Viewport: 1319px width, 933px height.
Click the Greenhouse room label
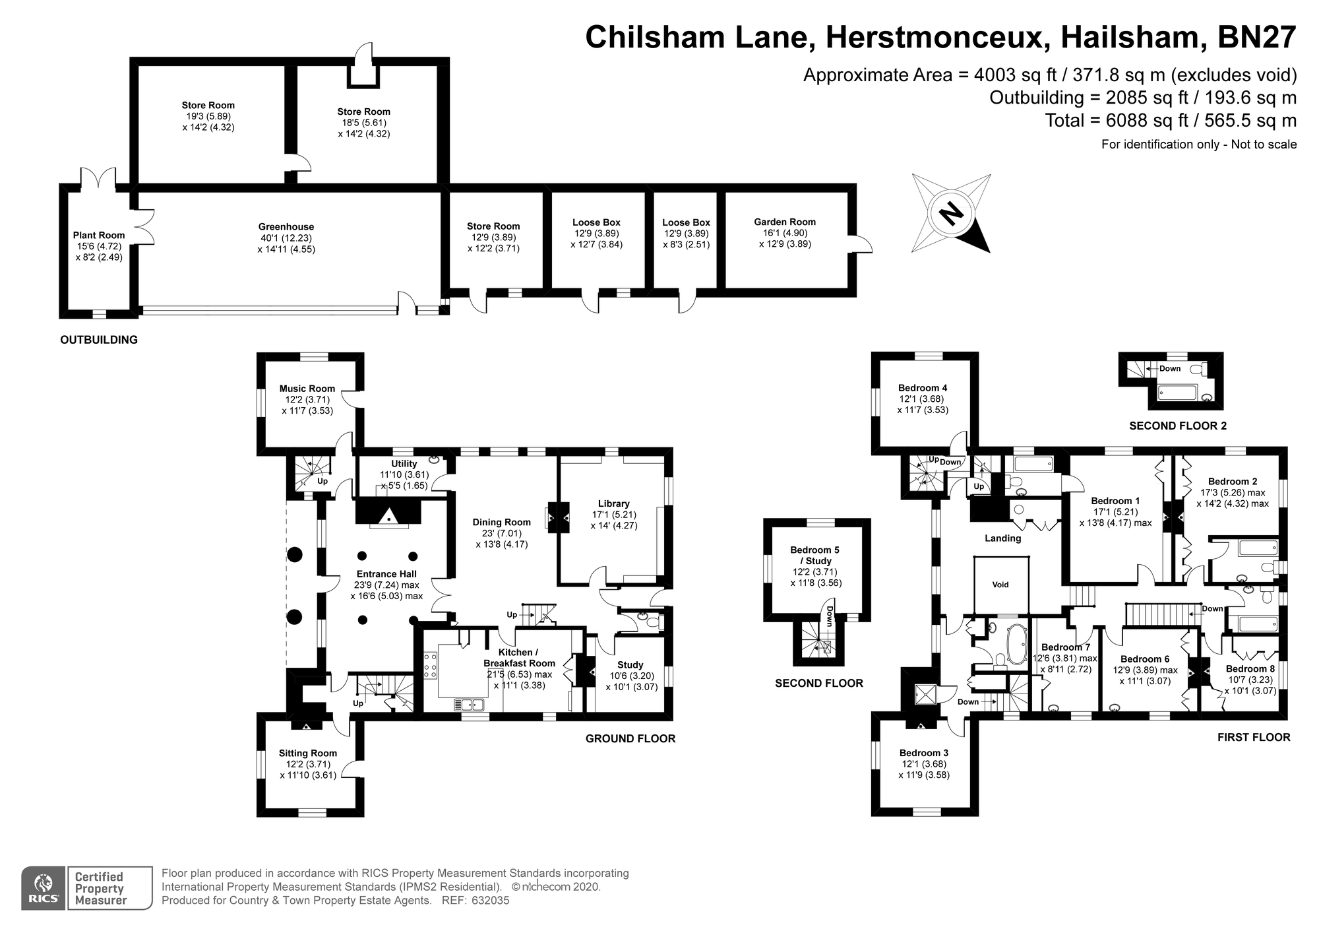pyautogui.click(x=286, y=227)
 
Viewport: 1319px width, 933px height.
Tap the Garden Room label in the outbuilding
pyautogui.click(x=785, y=222)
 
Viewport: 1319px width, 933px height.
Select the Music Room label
pyautogui.click(x=307, y=389)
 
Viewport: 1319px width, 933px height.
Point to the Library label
pyautogui.click(x=614, y=503)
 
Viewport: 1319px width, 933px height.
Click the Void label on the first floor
pyautogui.click(x=1000, y=585)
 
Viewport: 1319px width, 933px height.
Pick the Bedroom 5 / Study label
pyautogui.click(x=815, y=555)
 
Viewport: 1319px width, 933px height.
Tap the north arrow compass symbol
pyautogui.click(x=952, y=213)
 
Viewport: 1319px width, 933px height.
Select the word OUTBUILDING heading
pyautogui.click(x=99, y=340)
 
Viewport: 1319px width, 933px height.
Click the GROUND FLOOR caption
pyautogui.click(x=630, y=738)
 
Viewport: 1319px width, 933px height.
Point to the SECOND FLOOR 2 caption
pyautogui.click(x=1178, y=426)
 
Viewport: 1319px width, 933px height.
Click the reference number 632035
pyautogui.click(x=490, y=900)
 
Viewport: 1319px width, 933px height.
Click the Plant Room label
pyautogui.click(x=99, y=235)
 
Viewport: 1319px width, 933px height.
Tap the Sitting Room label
pyautogui.click(x=308, y=753)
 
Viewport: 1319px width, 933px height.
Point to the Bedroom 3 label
pyautogui.click(x=924, y=753)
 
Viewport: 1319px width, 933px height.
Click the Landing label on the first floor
pyautogui.click(x=1003, y=538)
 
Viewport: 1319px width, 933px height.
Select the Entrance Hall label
pyautogui.click(x=386, y=574)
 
